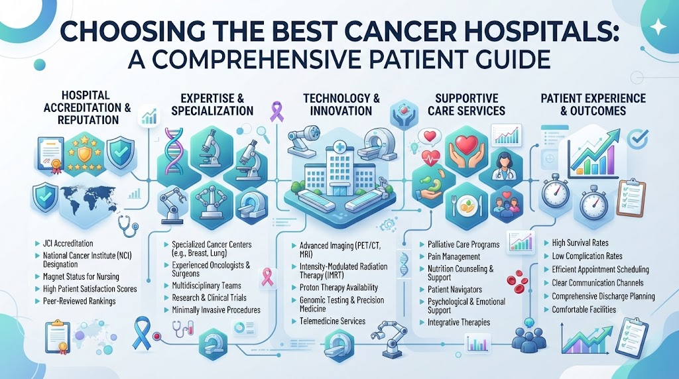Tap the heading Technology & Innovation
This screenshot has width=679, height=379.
[341, 104]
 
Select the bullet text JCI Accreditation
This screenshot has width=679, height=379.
[68, 244]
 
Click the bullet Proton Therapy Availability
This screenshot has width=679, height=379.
[339, 288]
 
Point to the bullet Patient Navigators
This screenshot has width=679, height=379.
[455, 290]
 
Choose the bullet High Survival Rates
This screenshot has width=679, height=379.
[580, 243]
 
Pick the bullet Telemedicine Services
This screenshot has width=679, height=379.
[333, 321]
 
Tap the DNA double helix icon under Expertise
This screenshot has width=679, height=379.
[174, 148]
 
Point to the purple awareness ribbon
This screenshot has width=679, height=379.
[276, 111]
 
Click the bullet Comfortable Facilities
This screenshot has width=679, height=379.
[584, 309]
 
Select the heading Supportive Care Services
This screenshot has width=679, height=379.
[466, 104]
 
